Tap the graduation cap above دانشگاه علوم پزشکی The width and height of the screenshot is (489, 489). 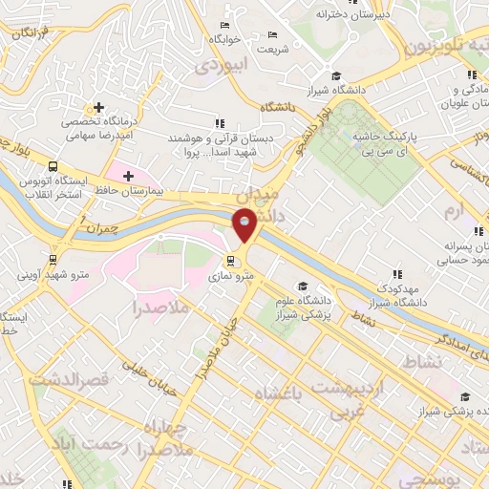303,286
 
